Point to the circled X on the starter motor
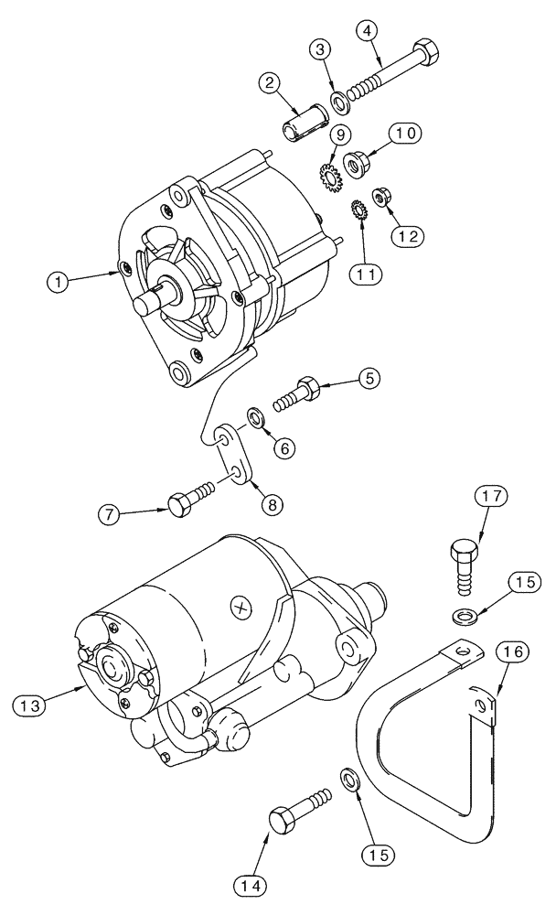pyautogui.click(x=241, y=605)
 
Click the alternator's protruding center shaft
pyautogui.click(x=150, y=301)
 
